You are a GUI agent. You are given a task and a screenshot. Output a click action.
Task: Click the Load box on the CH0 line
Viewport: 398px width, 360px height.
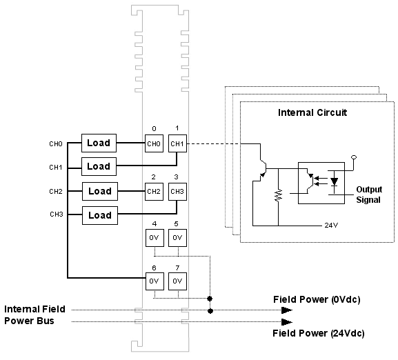99,143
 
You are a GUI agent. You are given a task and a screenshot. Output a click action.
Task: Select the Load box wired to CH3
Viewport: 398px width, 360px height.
100,215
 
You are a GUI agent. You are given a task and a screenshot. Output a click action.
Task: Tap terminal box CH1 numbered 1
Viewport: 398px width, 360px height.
177,143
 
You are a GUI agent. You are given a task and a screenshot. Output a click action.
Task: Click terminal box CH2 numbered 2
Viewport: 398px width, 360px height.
154,192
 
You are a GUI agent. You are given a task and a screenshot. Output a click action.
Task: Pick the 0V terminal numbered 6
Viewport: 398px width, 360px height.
155,281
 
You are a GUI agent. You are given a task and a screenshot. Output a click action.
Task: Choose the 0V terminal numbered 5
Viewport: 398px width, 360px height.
177,238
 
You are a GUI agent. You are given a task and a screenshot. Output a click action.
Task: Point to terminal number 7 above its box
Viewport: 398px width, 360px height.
177,268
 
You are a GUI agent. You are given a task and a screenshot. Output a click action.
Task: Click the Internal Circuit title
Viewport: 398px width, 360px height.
312,112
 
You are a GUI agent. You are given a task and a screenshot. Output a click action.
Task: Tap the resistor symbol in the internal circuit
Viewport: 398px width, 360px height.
279,195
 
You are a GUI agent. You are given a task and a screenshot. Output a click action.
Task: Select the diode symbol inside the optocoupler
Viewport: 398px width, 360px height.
334,181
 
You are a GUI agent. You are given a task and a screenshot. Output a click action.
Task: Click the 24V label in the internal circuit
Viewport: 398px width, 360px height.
331,225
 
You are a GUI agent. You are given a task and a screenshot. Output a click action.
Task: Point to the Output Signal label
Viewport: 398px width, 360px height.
369,194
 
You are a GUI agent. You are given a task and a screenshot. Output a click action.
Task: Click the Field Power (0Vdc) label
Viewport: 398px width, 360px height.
317,299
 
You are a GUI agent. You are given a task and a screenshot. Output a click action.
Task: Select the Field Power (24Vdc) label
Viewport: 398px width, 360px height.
319,333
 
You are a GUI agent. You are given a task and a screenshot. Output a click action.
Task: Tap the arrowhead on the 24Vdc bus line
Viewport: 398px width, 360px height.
287,322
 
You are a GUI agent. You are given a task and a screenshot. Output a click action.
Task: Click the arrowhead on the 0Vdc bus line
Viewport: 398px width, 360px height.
287,310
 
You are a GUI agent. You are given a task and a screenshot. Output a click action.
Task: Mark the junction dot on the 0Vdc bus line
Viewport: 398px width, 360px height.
210,310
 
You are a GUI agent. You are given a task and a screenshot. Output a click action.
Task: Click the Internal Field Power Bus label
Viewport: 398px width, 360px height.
34,315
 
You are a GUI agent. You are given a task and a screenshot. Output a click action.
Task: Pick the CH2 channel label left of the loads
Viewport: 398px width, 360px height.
56,191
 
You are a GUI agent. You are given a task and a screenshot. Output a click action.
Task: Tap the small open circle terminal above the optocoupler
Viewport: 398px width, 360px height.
354,157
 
